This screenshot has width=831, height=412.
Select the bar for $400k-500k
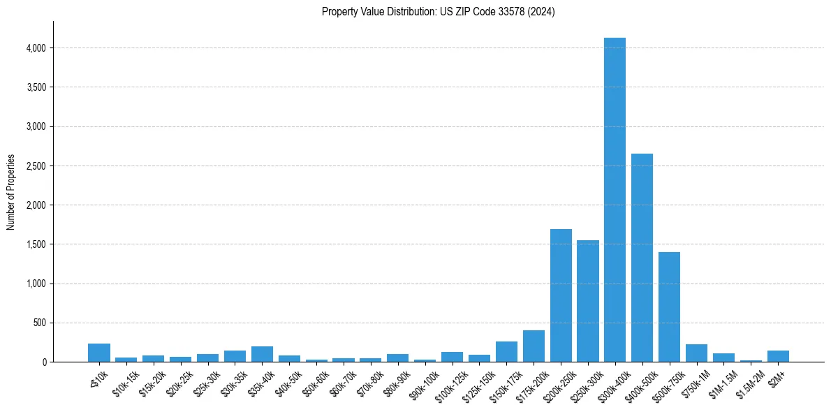642,258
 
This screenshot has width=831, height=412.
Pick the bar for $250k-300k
588,301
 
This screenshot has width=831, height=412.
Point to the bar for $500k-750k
669,307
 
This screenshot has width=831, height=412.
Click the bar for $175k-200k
534,346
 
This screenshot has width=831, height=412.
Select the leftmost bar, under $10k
99,353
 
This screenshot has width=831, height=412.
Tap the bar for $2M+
778,356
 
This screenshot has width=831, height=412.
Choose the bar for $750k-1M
696,353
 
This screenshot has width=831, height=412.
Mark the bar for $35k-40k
262,354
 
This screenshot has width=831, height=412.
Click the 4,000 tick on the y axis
36,48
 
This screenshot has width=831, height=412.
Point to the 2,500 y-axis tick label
36,166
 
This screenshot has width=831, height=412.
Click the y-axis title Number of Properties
11,192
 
